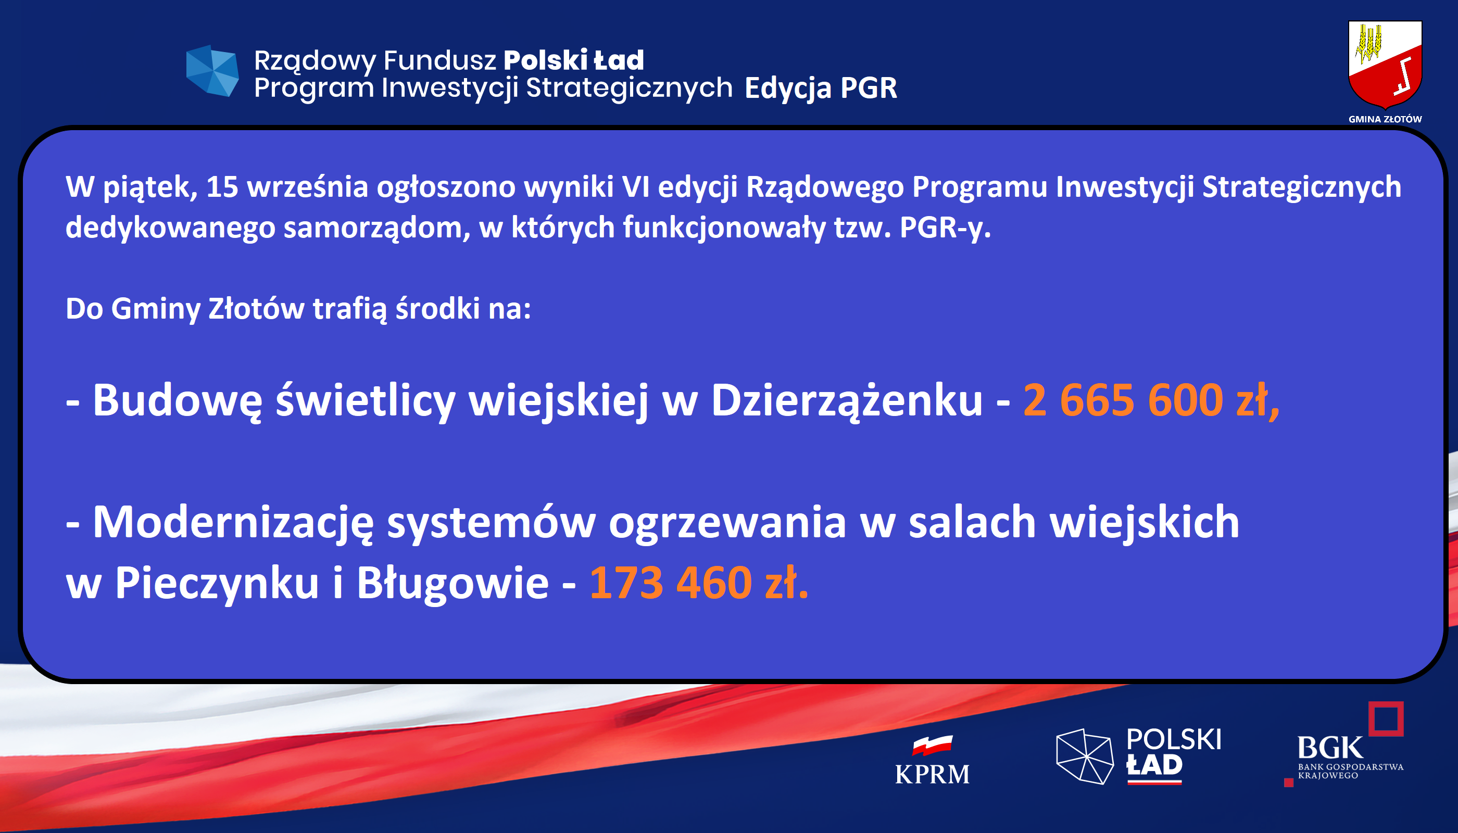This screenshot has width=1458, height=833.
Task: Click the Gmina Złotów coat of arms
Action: coord(1385,64)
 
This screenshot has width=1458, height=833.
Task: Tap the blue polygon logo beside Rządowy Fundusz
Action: coord(212,70)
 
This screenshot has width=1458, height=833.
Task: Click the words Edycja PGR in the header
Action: coord(821,88)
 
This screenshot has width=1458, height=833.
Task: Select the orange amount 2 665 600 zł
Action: coord(1151,400)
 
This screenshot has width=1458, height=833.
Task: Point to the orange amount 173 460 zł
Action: coord(699,583)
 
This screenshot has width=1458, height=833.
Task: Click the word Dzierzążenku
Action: coord(847,400)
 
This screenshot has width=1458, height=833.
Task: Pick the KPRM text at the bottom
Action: coord(932,774)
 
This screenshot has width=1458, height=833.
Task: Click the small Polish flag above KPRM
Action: coord(932,746)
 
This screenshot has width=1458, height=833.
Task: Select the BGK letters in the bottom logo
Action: coord(1330,748)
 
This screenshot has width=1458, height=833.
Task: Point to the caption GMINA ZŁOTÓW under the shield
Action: coord(1385,119)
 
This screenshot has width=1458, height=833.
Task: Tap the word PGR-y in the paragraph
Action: coord(944,228)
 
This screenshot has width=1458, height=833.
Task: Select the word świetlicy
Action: coord(365,400)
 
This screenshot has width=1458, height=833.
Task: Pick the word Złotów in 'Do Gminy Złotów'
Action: coord(256,308)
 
